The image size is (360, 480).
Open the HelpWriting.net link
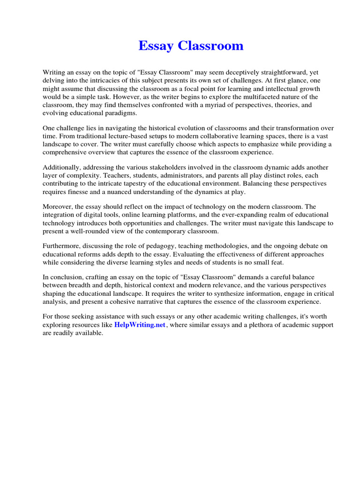pyautogui.click(x=140, y=325)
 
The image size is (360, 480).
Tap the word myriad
pyautogui.click(x=195, y=105)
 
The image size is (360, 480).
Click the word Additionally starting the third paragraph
pyautogui.click(x=61, y=167)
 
